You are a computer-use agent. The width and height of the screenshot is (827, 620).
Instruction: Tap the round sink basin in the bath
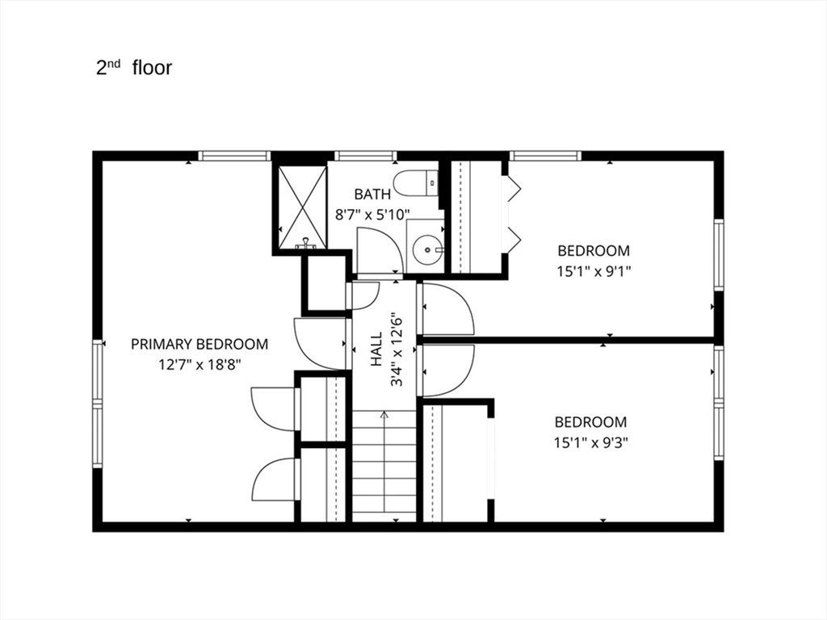425,250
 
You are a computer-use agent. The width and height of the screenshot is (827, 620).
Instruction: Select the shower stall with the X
302,207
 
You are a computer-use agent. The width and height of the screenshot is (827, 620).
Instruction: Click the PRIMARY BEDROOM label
199,344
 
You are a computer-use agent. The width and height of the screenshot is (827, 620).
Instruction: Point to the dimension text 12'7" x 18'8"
199,364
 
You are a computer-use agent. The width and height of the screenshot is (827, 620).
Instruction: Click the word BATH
372,195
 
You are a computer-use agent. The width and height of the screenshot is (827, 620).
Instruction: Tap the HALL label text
376,350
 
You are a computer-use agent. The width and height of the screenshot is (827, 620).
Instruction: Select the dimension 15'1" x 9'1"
594,271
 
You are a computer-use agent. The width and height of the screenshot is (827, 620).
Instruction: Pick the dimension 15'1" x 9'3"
590,442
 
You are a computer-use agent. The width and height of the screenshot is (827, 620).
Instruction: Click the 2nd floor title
134,68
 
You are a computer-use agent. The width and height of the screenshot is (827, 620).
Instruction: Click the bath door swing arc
380,250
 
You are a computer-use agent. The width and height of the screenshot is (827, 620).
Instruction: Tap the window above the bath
366,156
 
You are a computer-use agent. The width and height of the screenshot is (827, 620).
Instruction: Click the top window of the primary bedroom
234,156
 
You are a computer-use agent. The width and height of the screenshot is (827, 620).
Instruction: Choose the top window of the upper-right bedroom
545,156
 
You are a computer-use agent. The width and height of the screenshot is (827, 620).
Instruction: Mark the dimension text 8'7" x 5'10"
372,215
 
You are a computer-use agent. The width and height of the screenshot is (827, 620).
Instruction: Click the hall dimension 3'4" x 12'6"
397,350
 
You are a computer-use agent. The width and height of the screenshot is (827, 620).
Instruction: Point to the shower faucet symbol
304,243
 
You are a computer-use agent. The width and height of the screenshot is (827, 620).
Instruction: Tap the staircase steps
384,466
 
